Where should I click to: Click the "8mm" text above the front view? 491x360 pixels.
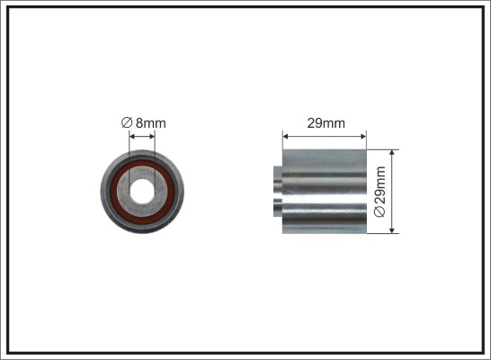150,123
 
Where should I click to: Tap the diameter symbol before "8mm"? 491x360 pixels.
126,122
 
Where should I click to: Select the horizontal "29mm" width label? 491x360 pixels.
326,123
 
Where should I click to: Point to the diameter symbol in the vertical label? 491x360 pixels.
379,211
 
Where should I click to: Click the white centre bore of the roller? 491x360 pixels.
142,192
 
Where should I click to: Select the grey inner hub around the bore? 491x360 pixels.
142,172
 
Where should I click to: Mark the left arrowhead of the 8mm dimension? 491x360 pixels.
132,136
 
